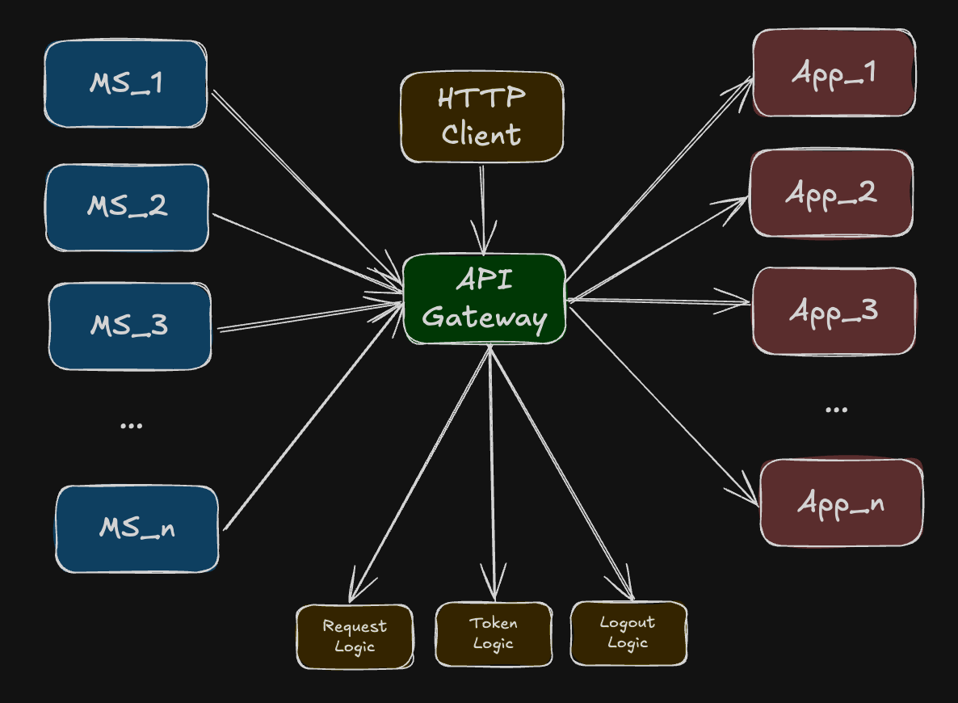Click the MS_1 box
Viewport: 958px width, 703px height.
(125, 84)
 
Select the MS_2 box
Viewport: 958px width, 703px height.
(127, 207)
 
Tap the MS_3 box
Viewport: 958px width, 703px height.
(129, 326)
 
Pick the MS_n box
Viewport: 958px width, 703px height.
(137, 529)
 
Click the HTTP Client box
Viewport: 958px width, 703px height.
(482, 117)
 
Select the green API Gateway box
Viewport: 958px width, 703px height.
(484, 299)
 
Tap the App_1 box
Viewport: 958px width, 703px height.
(834, 73)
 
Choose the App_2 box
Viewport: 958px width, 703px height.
(831, 193)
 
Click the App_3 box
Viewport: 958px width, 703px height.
(834, 310)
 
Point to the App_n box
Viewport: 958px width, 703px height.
(841, 503)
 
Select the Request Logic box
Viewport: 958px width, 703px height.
(355, 636)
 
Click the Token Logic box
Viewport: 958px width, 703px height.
(494, 634)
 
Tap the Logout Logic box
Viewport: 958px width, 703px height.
(628, 633)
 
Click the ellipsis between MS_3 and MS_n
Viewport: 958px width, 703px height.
(131, 425)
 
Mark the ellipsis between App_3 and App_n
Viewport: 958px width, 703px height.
(836, 410)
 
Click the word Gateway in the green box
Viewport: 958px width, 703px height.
(484, 317)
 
